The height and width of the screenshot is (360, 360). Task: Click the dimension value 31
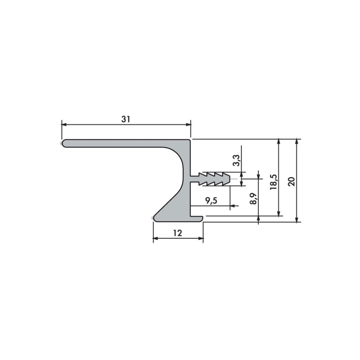[126, 120]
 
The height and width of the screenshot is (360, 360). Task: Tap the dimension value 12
[178, 233]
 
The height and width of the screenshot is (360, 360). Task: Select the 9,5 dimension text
[211, 201]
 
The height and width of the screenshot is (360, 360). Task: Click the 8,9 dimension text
[254, 198]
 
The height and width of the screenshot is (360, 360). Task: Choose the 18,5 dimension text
[274, 182]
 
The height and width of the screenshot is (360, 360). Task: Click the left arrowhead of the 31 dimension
[64, 125]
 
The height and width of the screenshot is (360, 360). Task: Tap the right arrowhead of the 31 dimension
[188, 125]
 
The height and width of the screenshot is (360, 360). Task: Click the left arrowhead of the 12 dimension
[156, 239]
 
